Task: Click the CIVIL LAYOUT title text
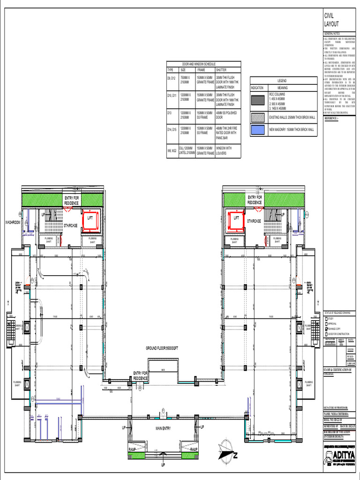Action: tap(331, 20)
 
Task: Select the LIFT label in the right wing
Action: tap(237, 218)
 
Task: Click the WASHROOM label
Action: tap(13, 222)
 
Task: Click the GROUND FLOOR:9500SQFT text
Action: tap(162, 348)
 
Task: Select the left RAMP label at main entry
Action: tap(133, 450)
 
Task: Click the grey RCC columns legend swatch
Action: tap(258, 100)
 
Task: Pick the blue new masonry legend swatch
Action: tap(258, 129)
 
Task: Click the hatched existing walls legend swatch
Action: tap(258, 116)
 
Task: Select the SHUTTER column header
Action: tap(221, 69)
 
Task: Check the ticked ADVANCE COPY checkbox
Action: tap(326, 329)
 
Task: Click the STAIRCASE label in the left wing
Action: tap(71, 225)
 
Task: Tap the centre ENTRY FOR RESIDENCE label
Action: tap(141, 375)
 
